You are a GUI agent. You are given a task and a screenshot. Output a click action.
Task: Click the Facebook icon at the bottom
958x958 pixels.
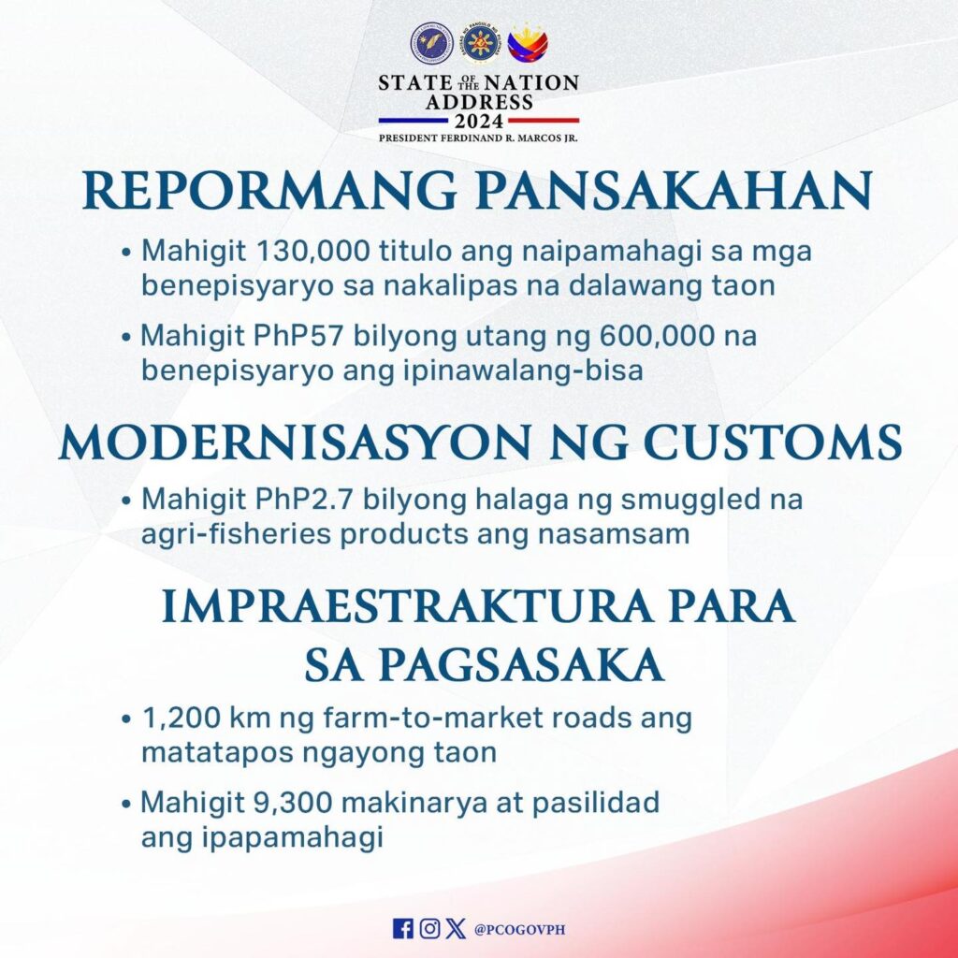coord(402,929)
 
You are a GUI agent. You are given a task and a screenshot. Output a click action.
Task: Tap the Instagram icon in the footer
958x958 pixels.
coord(429,929)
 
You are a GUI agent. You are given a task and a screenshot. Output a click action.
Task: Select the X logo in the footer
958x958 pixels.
coord(456,929)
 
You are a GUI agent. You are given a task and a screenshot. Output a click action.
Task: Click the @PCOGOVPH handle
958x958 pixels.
coord(519,929)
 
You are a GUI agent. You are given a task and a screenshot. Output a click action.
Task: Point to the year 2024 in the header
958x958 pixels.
coord(479,121)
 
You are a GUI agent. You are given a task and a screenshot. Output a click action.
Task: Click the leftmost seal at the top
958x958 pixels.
coord(432,45)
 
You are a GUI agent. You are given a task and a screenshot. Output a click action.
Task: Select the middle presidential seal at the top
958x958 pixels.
coord(480,45)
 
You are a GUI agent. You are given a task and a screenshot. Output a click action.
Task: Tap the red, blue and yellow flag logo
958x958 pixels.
coord(528,44)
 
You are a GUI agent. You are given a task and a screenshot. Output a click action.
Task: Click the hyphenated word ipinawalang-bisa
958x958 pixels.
coord(523,371)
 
